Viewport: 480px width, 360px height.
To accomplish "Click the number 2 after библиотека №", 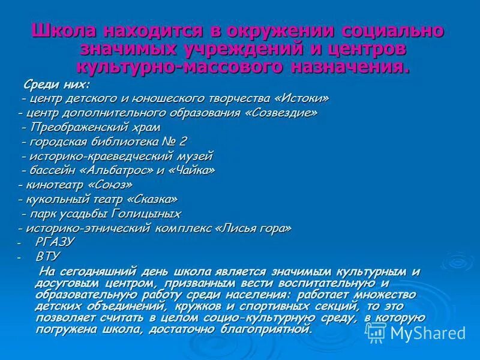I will (182, 142).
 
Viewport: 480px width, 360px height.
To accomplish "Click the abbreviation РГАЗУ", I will (55, 242).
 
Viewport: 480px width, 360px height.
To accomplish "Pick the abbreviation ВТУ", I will (48, 256).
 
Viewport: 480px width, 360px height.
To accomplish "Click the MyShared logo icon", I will (376, 332).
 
